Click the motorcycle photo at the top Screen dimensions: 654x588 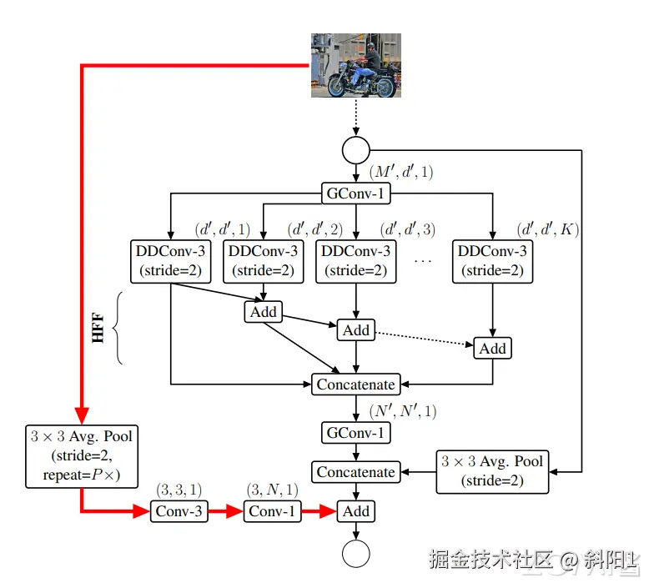(x=355, y=65)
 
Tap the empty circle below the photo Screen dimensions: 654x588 (x=355, y=150)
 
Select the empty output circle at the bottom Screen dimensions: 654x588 (x=355, y=554)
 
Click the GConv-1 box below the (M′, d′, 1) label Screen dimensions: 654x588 (x=355, y=193)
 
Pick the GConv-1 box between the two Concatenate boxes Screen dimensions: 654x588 (x=355, y=433)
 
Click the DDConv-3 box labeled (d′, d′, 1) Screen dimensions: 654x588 (x=170, y=262)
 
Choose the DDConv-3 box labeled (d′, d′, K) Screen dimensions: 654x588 (x=492, y=262)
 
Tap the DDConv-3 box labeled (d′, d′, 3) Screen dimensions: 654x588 (x=355, y=262)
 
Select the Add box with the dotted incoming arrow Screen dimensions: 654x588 (x=492, y=349)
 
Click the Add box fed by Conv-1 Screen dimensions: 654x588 (x=355, y=511)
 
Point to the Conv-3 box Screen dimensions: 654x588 (x=179, y=511)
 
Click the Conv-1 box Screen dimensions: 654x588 (x=272, y=511)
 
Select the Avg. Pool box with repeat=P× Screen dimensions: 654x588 (x=82, y=457)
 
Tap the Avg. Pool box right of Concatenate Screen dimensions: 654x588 (x=492, y=472)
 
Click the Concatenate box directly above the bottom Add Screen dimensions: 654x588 (x=355, y=472)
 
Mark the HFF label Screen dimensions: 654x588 (x=98, y=328)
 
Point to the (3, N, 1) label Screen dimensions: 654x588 (x=272, y=490)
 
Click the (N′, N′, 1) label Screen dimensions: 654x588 (x=403, y=411)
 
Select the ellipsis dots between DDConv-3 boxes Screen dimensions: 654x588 (x=422, y=262)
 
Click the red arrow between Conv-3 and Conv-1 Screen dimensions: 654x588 (x=225, y=511)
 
